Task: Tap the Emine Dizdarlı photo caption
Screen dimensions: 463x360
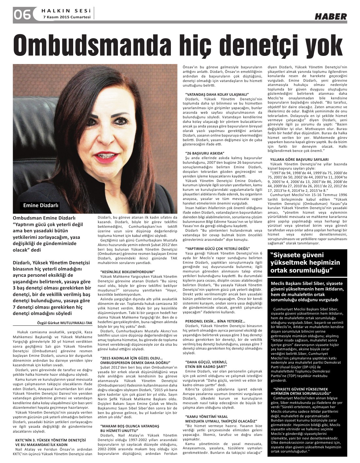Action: pyautogui.click(x=41, y=206)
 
